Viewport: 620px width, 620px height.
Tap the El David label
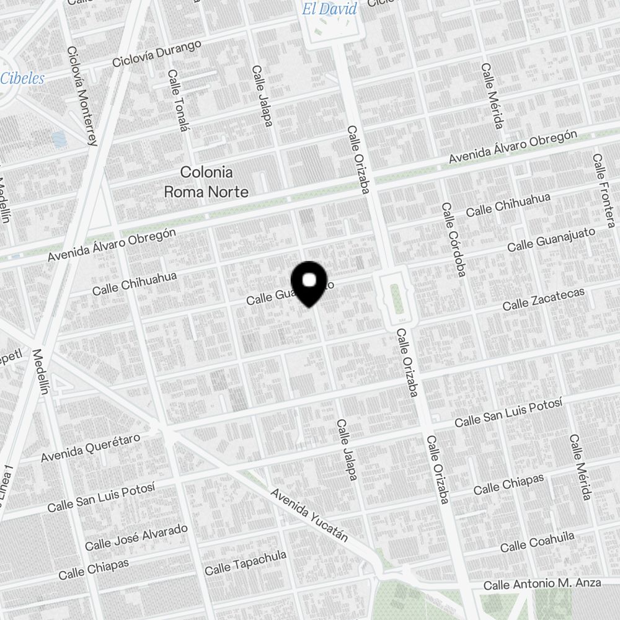pyautogui.click(x=329, y=9)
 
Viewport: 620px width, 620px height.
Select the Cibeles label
pyautogui.click(x=22, y=79)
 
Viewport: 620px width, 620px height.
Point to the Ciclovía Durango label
pyautogui.click(x=157, y=54)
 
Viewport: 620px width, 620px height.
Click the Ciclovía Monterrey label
pyautogui.click(x=82, y=96)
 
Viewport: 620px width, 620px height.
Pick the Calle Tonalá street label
pyautogui.click(x=177, y=100)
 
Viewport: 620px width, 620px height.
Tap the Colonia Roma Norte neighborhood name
pyautogui.click(x=206, y=182)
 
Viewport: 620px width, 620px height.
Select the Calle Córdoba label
pyautogui.click(x=453, y=239)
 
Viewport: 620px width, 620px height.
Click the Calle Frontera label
pyautogui.click(x=603, y=190)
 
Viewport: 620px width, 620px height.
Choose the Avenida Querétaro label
pyautogui.click(x=91, y=448)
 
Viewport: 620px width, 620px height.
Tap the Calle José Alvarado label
pyautogui.click(x=136, y=537)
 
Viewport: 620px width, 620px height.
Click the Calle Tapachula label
pyautogui.click(x=246, y=562)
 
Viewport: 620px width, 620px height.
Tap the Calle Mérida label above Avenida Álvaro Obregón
pyautogui.click(x=491, y=95)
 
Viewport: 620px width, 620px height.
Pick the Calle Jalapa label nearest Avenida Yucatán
pyautogui.click(x=347, y=450)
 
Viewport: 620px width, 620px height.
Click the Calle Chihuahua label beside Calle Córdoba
pyautogui.click(x=508, y=205)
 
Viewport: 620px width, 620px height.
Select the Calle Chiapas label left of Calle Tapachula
pyautogui.click(x=94, y=569)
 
